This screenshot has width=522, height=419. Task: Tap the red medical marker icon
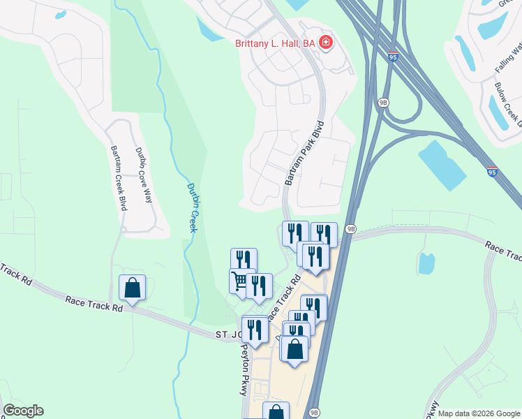(326, 43)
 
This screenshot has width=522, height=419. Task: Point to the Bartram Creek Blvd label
(117, 178)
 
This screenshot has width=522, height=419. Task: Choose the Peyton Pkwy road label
(244, 370)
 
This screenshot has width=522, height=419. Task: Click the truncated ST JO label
(228, 336)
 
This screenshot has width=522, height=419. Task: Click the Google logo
(23, 411)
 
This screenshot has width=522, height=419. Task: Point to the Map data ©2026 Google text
(478, 413)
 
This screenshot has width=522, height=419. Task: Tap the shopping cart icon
(239, 281)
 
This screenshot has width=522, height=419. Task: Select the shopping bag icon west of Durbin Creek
(132, 287)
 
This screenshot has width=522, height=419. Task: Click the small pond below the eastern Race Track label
(426, 263)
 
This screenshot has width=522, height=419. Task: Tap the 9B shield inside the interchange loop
(383, 102)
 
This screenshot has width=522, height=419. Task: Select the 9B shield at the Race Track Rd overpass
(350, 228)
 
